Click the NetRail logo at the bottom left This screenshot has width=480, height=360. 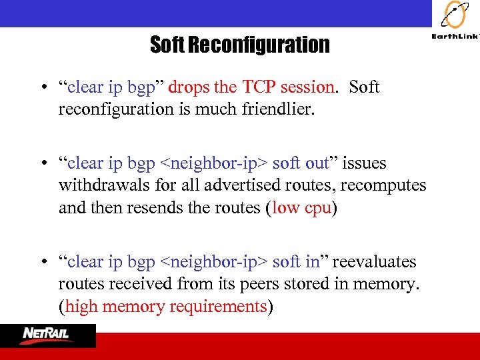[48, 335]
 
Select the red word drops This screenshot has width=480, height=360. [189, 87]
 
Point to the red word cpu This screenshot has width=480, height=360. [318, 208]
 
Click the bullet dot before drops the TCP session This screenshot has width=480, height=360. [43, 88]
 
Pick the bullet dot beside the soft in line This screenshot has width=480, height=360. [43, 263]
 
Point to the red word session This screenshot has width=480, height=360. [307, 87]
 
